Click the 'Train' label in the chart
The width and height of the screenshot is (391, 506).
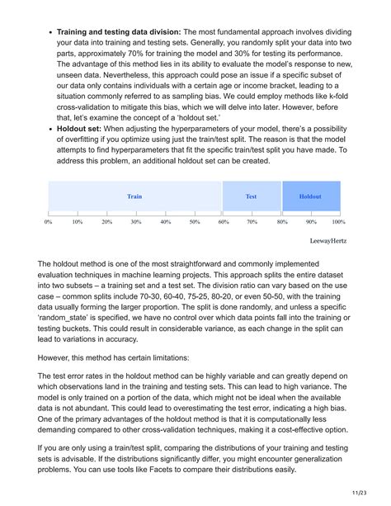(134, 197)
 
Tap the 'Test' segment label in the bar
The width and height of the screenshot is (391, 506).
(252, 197)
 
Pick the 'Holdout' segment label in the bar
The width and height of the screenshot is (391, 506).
(310, 197)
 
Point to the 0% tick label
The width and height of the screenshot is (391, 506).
(49, 222)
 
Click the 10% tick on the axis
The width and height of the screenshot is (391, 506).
(78, 222)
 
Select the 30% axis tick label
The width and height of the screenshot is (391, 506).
(136, 222)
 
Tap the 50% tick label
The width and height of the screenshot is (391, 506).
(195, 222)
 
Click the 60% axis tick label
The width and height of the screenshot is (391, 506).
(224, 222)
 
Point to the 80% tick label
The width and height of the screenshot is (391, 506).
(282, 222)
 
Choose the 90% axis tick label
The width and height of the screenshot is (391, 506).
(311, 222)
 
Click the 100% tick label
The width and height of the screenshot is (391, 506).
(338, 222)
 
